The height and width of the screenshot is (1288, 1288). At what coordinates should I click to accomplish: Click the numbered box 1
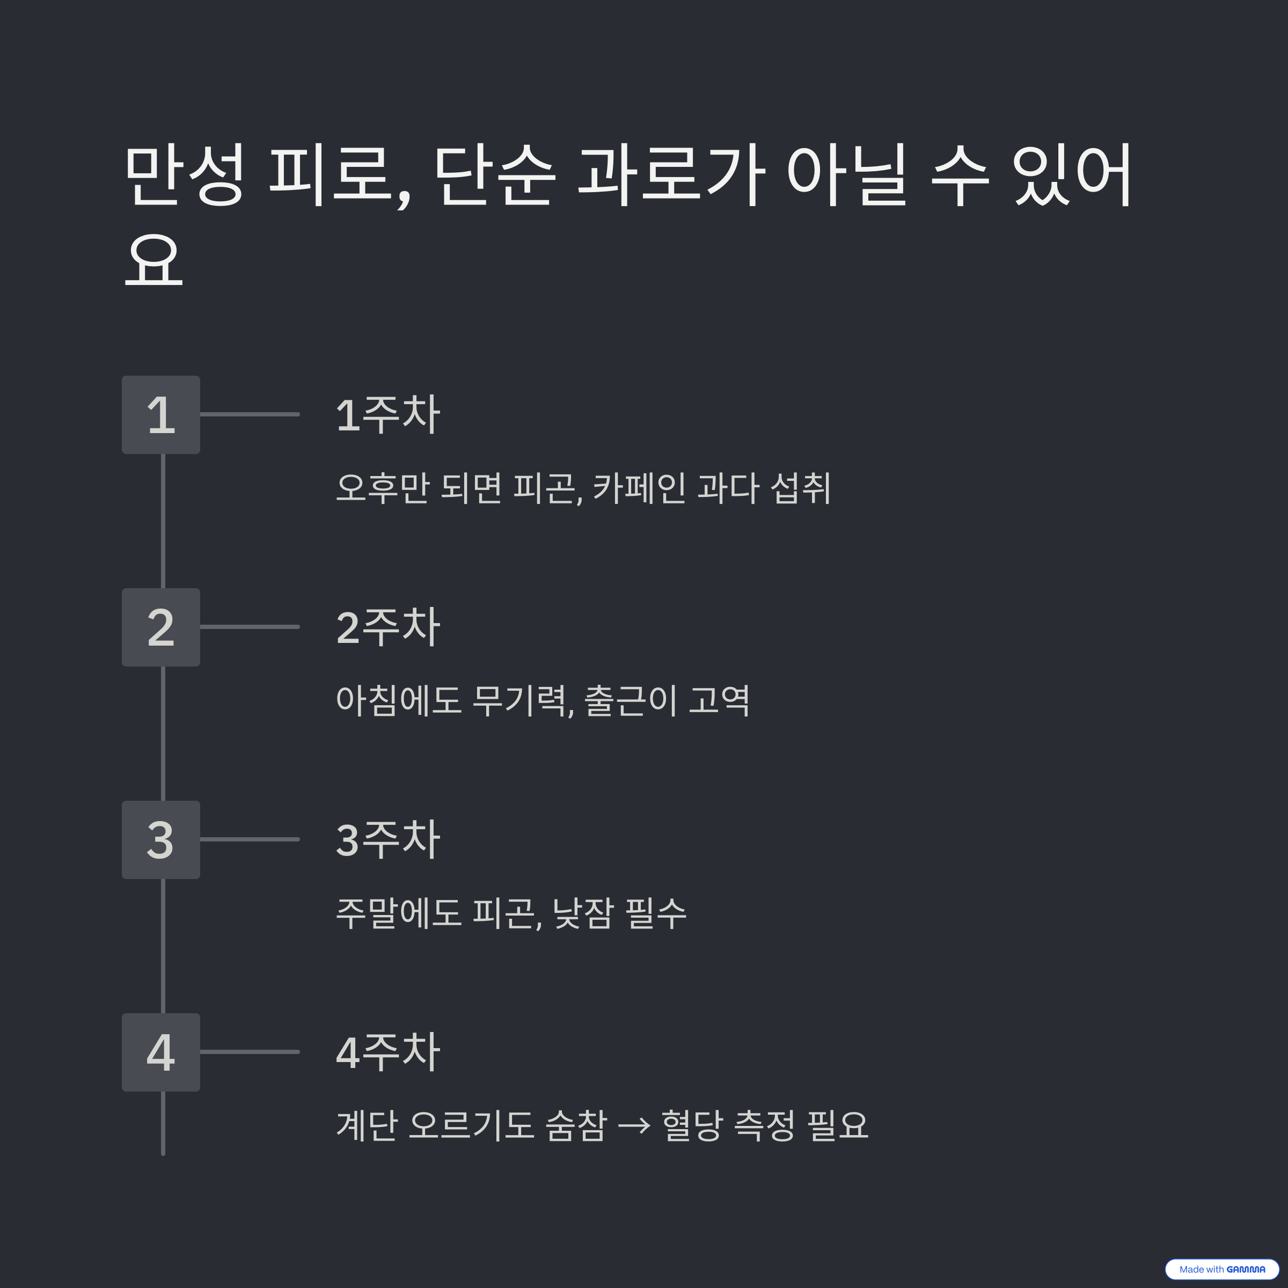tap(160, 415)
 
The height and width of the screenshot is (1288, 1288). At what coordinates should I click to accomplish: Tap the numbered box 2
tap(160, 627)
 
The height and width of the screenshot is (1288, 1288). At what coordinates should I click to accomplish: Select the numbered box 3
tap(160, 840)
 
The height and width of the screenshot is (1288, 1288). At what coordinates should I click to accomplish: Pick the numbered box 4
tap(160, 1052)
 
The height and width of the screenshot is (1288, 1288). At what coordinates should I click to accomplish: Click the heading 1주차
tap(388, 415)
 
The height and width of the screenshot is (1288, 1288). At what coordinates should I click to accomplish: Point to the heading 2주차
tap(388, 627)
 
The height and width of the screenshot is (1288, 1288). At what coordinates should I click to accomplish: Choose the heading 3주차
tap(388, 840)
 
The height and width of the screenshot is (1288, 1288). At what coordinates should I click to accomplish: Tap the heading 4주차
tap(388, 1052)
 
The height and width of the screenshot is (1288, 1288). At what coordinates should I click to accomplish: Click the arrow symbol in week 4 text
tap(633, 1126)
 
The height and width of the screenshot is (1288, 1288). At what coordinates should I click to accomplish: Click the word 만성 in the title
tap(185, 174)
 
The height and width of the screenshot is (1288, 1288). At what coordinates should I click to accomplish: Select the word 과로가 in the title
tap(671, 174)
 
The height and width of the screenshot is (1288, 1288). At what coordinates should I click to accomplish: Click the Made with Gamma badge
tap(1221, 1269)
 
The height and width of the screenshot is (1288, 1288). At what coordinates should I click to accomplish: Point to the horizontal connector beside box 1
tap(250, 415)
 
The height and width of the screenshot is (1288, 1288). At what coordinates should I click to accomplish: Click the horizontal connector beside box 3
tap(250, 840)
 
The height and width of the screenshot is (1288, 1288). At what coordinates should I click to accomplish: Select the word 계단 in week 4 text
tap(367, 1126)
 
